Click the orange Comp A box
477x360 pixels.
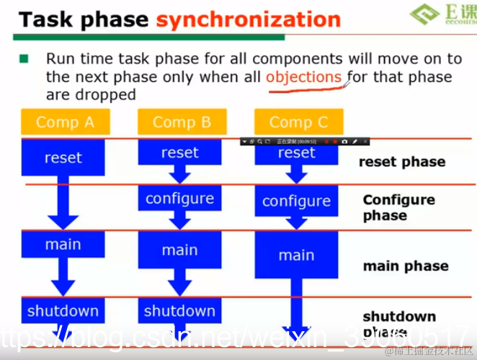(65, 122)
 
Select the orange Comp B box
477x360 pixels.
(182, 122)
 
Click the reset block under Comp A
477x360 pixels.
(63, 158)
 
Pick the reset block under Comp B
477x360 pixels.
(179, 153)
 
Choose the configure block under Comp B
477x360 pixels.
(179, 198)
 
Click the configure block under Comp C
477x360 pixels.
(296, 201)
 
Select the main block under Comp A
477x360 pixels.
(63, 245)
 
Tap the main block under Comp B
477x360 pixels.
(179, 250)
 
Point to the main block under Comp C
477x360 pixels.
(296, 255)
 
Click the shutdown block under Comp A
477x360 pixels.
(63, 311)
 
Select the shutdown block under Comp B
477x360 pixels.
(179, 311)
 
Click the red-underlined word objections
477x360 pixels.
(303, 77)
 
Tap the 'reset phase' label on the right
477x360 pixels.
(402, 162)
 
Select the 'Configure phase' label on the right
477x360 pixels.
(398, 207)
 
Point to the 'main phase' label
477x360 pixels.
(405, 266)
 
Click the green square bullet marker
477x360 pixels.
(24, 58)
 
